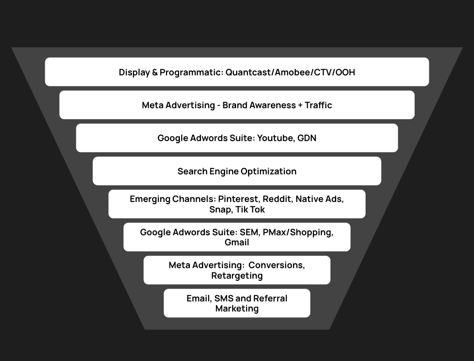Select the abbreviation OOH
pyautogui.click(x=345, y=72)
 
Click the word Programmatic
pyautogui.click(x=191, y=72)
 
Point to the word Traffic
pyautogui.click(x=315, y=105)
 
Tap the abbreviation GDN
pyautogui.click(x=307, y=138)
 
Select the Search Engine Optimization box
pyautogui.click(x=237, y=171)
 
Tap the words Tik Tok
pyautogui.click(x=250, y=209)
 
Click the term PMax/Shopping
pyautogui.click(x=298, y=232)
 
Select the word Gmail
pyautogui.click(x=237, y=242)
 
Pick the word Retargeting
pyautogui.click(x=237, y=276)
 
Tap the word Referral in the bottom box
pyautogui.click(x=271, y=298)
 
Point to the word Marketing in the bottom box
pyautogui.click(x=237, y=308)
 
